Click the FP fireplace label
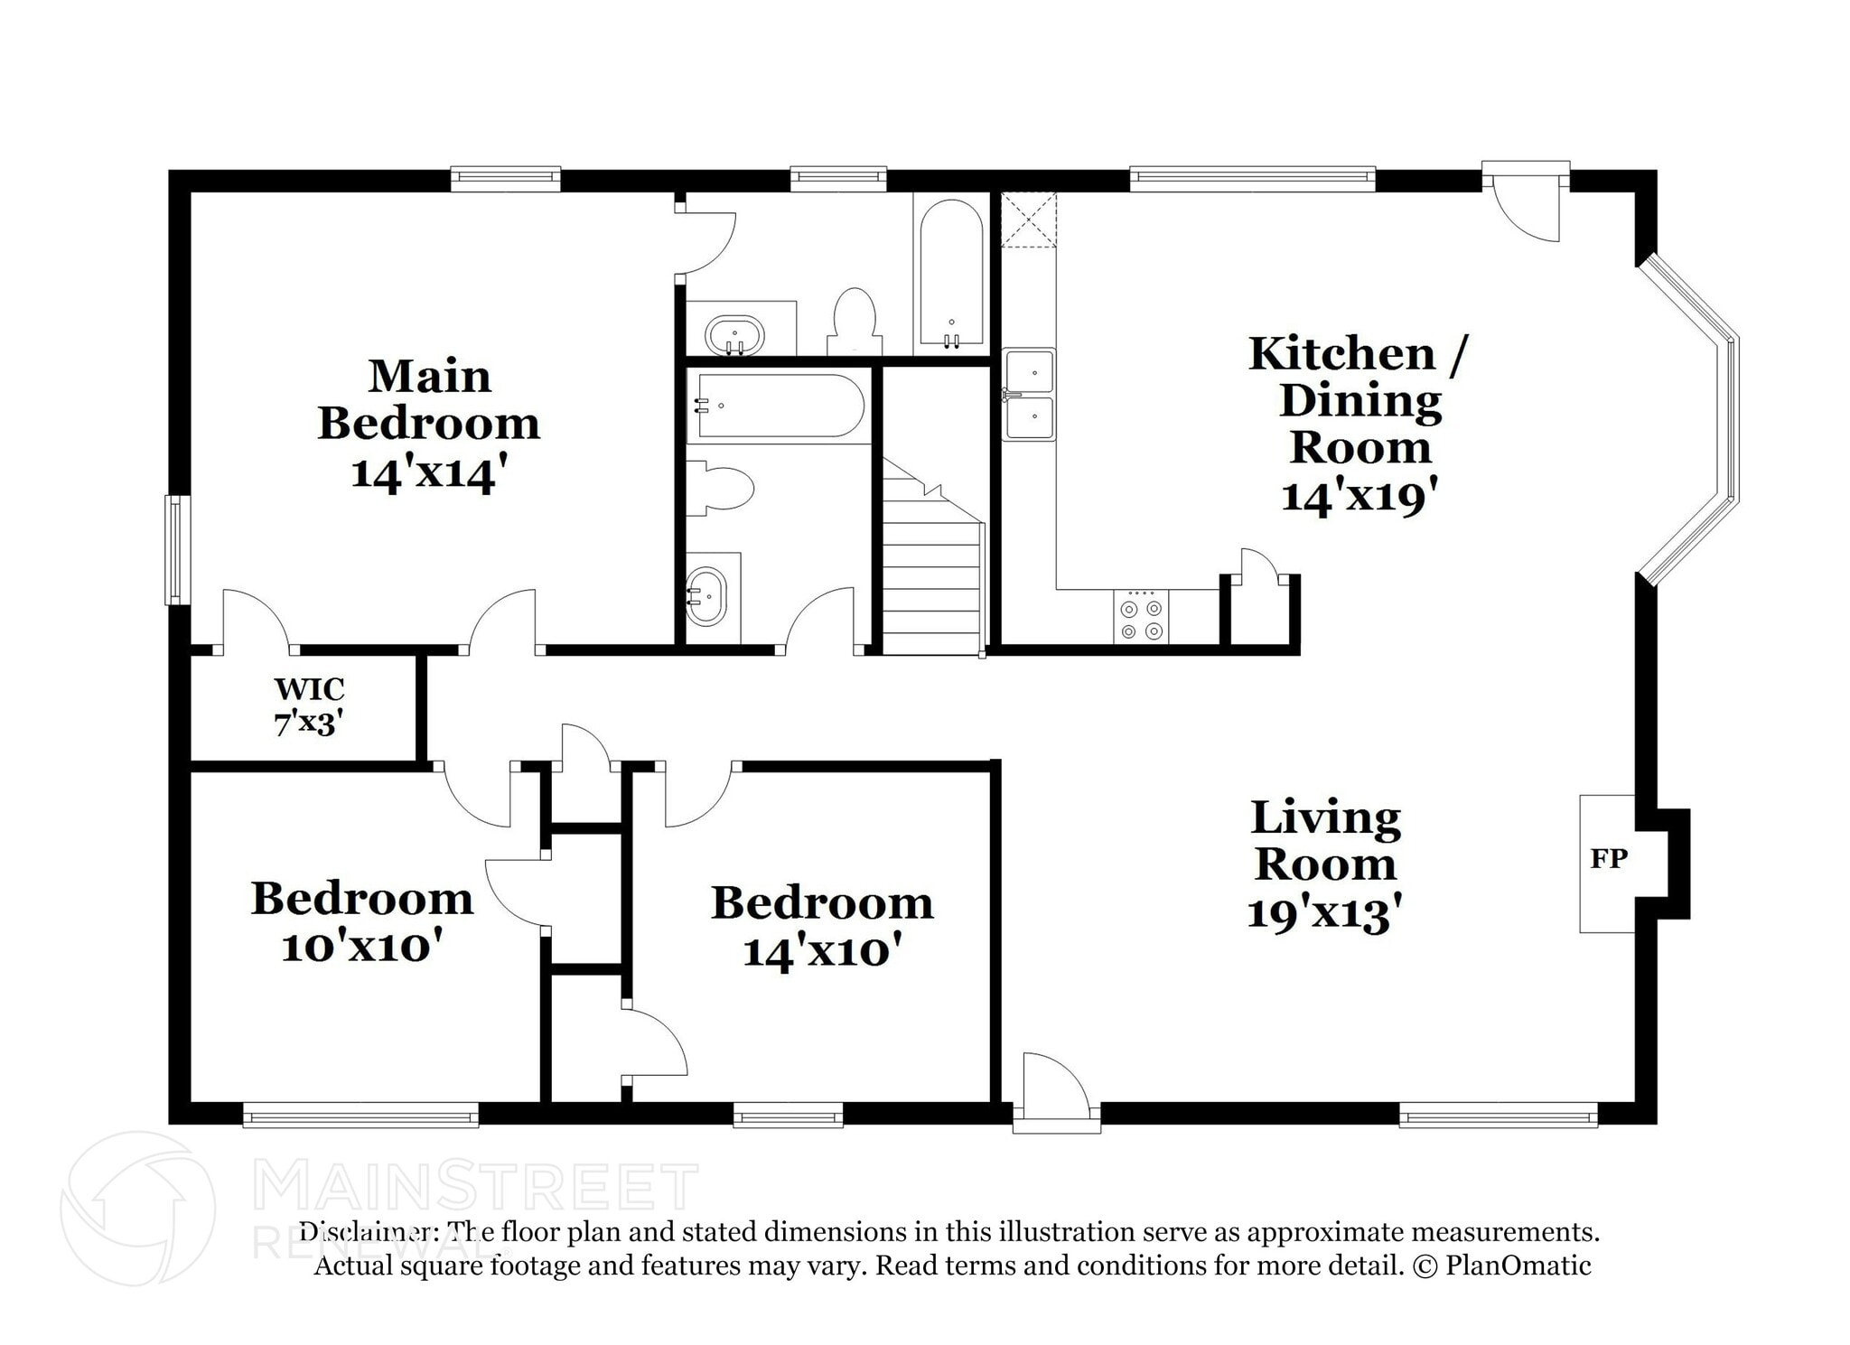pyautogui.click(x=1608, y=858)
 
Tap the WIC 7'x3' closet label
pyautogui.click(x=309, y=705)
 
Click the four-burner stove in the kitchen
pyautogui.click(x=1141, y=618)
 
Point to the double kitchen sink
pyautogui.click(x=1030, y=395)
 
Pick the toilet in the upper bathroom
pyautogui.click(x=854, y=323)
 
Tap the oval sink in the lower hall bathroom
pyautogui.click(x=705, y=597)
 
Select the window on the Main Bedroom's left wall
pyautogui.click(x=177, y=549)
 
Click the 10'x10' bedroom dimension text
pyautogui.click(x=361, y=947)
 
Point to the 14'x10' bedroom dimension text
pyautogui.click(x=822, y=951)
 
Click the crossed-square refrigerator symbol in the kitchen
pyautogui.click(x=1028, y=219)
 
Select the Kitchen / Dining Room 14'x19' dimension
pyautogui.click(x=1359, y=496)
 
